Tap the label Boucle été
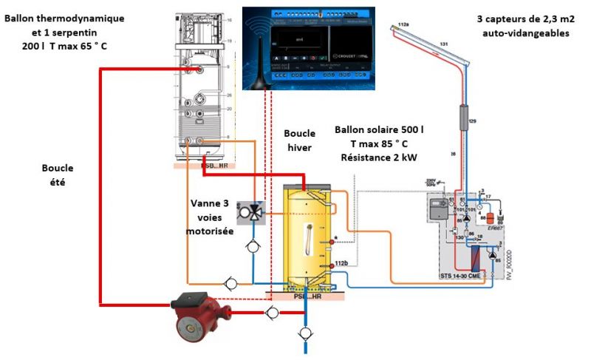(58, 174)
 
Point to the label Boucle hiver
(300, 140)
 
